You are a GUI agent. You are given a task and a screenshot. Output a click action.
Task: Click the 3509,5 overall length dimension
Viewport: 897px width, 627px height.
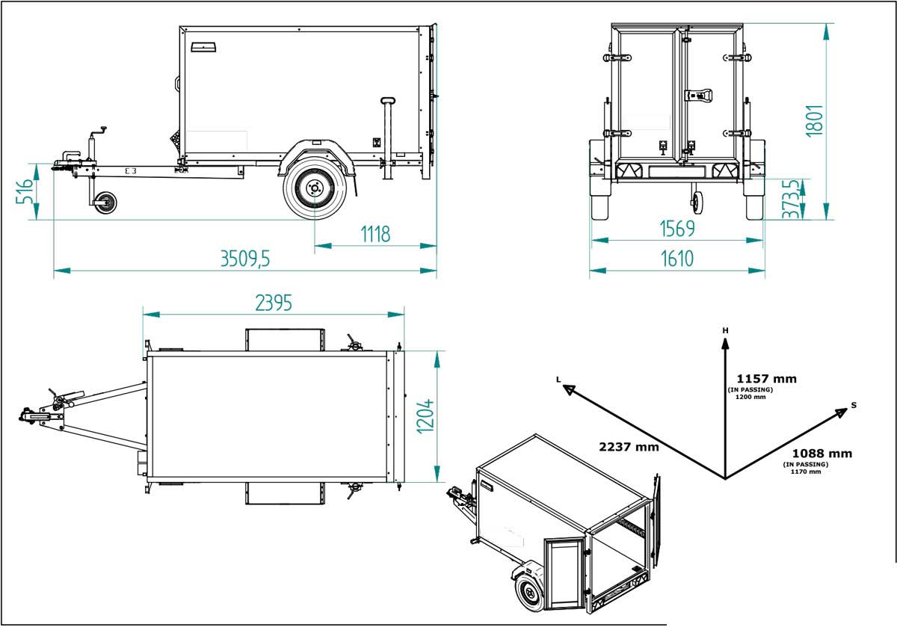pyautogui.click(x=244, y=259)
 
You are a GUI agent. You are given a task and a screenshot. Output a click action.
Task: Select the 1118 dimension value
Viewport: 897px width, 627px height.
pyautogui.click(x=375, y=234)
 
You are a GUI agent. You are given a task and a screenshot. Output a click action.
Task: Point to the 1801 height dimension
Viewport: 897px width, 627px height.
pyautogui.click(x=815, y=120)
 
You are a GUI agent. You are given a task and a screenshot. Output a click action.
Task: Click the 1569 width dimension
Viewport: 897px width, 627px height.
pyautogui.click(x=676, y=229)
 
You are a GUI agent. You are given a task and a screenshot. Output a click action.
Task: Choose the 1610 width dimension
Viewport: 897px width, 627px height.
pyautogui.click(x=676, y=259)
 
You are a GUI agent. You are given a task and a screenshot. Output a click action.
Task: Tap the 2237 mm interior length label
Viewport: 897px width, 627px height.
pyautogui.click(x=628, y=447)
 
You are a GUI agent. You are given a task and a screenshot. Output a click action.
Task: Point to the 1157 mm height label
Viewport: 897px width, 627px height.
pyautogui.click(x=766, y=378)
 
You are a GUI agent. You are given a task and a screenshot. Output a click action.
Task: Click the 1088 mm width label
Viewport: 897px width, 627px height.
pyautogui.click(x=822, y=453)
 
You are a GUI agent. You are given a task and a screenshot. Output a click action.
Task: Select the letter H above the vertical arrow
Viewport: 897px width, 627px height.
pyautogui.click(x=724, y=330)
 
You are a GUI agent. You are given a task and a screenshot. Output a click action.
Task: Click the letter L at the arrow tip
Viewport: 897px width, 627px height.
pyautogui.click(x=558, y=380)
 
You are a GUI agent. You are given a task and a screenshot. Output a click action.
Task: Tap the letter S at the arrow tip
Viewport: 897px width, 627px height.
pyautogui.click(x=853, y=405)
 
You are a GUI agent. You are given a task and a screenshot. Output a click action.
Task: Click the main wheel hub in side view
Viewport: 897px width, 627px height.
pyautogui.click(x=314, y=188)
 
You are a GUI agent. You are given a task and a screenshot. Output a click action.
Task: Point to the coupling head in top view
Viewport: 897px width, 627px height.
pyautogui.click(x=28, y=416)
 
